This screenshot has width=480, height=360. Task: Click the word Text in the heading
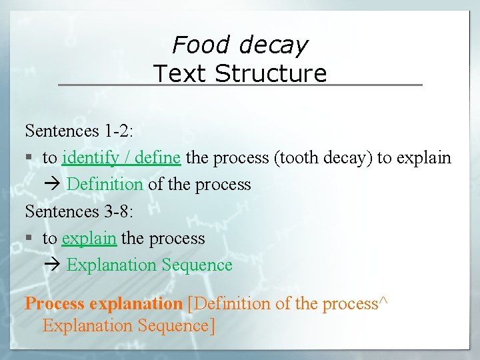181,73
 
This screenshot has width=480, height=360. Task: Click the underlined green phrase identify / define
121,158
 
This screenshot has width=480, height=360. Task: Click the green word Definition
105,184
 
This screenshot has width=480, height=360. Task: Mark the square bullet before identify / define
29,159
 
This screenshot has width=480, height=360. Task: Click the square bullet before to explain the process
29,239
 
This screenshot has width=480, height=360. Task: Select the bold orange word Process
55,304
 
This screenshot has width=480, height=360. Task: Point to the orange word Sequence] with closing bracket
178,326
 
